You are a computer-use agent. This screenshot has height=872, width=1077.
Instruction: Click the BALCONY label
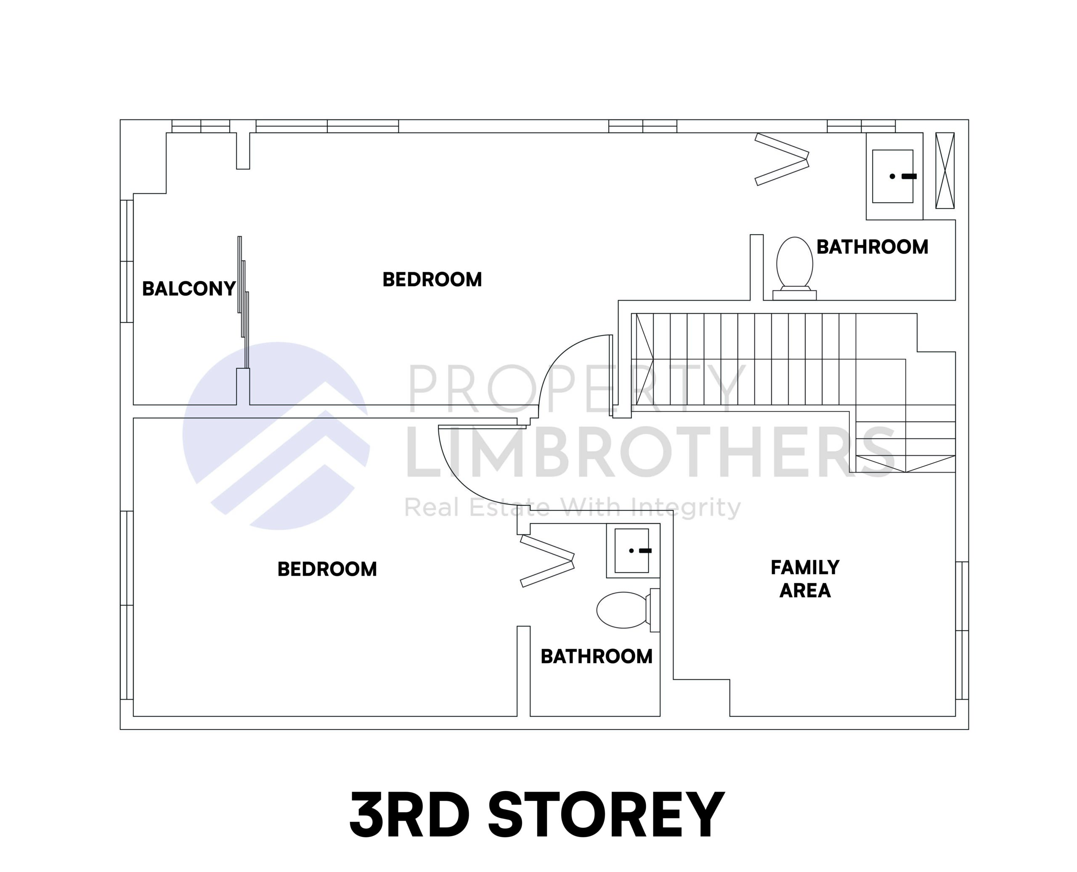tap(188, 289)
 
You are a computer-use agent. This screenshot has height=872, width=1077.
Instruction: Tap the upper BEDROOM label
tap(432, 280)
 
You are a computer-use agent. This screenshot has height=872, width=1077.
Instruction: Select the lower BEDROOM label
tap(326, 569)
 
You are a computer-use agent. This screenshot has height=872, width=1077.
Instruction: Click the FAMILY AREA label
tap(805, 579)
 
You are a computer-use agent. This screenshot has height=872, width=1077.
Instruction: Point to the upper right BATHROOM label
tap(872, 247)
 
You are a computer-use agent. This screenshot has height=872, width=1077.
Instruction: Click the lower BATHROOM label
tap(596, 656)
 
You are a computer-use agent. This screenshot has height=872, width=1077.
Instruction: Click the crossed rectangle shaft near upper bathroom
tap(944, 170)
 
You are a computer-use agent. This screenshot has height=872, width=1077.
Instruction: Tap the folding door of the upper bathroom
tap(782, 159)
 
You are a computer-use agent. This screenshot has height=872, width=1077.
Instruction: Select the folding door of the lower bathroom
tap(547, 560)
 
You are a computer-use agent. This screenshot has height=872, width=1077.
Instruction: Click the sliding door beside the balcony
tap(243, 301)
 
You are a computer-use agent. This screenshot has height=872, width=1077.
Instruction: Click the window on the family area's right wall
tap(961, 630)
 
